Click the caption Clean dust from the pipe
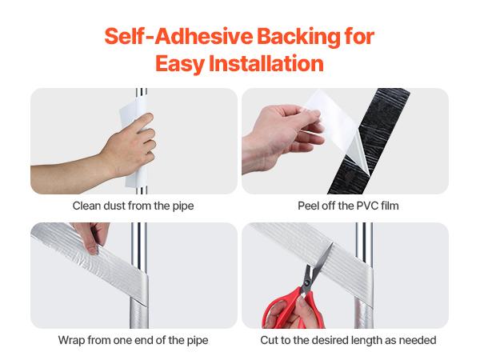(134, 206)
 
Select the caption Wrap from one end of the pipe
(134, 340)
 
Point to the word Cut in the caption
(270, 340)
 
